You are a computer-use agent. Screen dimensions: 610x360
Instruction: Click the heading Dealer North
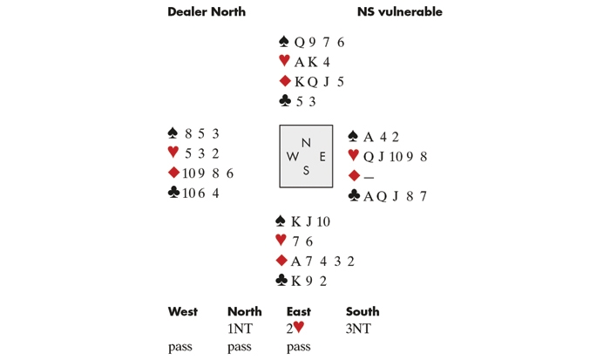[x=207, y=11]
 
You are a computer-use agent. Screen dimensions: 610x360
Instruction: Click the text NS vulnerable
[x=399, y=11]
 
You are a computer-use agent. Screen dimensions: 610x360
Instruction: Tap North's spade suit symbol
[x=284, y=41]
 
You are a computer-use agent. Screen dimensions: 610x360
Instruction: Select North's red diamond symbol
[x=285, y=81]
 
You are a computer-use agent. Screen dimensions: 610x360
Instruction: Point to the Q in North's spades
[x=299, y=42]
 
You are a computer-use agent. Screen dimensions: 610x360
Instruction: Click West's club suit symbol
[x=173, y=192]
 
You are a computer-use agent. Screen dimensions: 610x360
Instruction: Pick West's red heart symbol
[x=173, y=152]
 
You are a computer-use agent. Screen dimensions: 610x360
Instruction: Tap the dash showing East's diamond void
[x=369, y=178]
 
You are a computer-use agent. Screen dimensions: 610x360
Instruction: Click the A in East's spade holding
[x=369, y=137]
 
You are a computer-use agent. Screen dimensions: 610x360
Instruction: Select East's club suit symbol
[x=354, y=195]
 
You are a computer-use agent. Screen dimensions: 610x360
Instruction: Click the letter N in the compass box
[x=306, y=143]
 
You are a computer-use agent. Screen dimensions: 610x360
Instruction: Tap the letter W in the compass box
[x=293, y=157]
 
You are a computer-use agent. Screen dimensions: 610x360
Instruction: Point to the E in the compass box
[x=322, y=157]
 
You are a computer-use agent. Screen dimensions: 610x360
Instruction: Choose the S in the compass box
[x=306, y=171]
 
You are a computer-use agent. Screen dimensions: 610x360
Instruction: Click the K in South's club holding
[x=295, y=281]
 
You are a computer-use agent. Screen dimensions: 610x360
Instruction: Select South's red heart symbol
[x=281, y=240]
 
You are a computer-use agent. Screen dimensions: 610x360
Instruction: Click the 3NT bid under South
[x=358, y=329]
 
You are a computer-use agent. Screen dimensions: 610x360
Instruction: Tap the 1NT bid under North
[x=240, y=329]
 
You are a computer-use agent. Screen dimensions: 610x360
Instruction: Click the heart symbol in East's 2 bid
[x=299, y=327]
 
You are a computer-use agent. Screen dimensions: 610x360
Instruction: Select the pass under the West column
[x=180, y=347]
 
